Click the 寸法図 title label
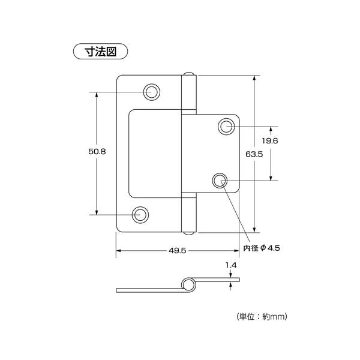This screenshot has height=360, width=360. (100, 52)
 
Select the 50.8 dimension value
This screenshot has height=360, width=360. (97, 152)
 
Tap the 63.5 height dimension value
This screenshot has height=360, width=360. (254, 154)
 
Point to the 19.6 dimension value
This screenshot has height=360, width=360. (270, 141)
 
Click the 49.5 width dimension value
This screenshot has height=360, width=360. (177, 250)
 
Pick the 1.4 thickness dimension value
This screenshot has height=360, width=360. (231, 265)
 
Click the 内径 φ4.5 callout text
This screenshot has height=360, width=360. (262, 248)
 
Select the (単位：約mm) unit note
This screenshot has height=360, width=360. (262, 317)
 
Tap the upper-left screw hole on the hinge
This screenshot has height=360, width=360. (152, 92)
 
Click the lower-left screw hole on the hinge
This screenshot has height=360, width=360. (140, 215)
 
